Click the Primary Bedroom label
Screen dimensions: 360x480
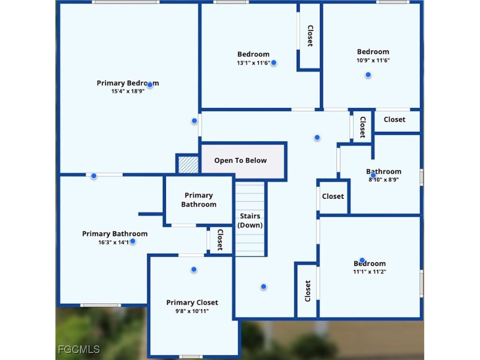(x=127, y=83)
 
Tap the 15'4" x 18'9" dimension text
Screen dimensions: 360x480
(x=127, y=91)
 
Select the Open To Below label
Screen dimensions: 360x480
(x=240, y=160)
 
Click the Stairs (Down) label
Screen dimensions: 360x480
(x=250, y=220)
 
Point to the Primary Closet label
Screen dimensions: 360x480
(x=192, y=302)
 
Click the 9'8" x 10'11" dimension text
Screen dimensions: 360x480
(x=192, y=310)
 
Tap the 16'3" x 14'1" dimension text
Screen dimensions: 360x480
(x=113, y=242)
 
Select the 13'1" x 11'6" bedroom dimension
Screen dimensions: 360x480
(x=253, y=62)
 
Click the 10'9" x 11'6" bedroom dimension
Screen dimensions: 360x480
(x=373, y=60)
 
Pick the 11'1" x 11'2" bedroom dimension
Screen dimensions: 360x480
(x=369, y=271)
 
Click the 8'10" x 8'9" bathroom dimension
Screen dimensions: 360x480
(x=383, y=179)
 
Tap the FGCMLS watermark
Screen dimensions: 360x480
(x=79, y=349)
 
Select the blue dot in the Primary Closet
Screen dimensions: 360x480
(x=194, y=270)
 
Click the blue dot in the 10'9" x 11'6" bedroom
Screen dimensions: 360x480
(x=368, y=75)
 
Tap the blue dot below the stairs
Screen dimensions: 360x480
(x=263, y=286)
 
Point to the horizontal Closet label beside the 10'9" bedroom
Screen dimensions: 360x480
(x=394, y=120)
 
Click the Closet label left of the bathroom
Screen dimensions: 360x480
(x=333, y=196)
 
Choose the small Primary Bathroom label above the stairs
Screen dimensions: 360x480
(x=199, y=200)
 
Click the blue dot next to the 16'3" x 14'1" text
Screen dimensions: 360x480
(x=133, y=241)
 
